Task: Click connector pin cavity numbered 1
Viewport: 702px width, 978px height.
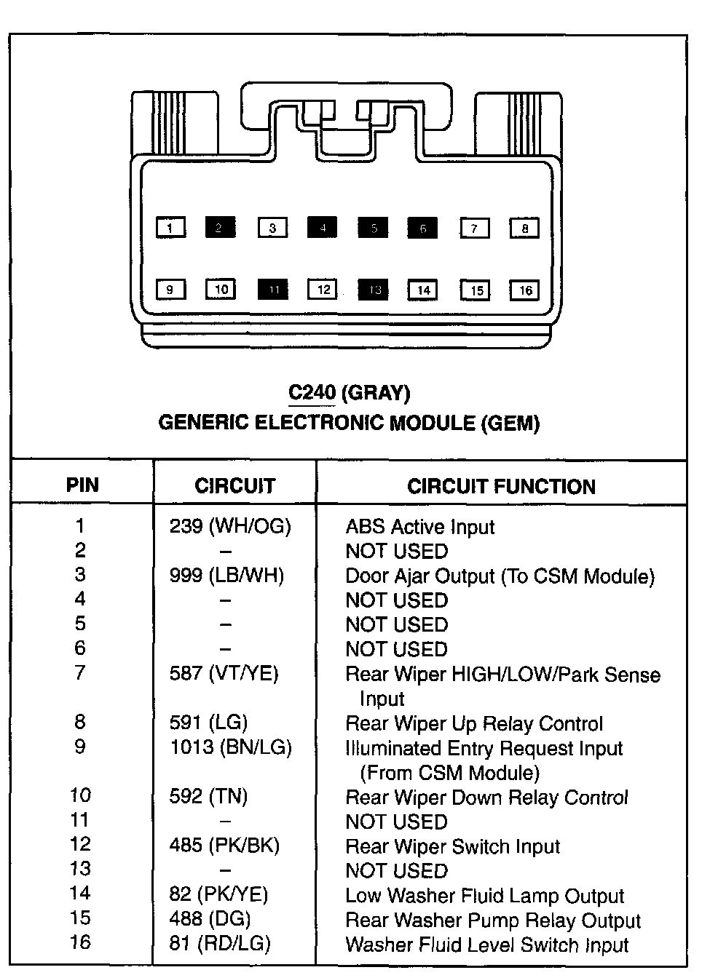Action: click(x=170, y=228)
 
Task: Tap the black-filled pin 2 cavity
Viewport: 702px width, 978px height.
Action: click(x=220, y=228)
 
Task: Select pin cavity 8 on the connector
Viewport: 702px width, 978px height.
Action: click(x=524, y=228)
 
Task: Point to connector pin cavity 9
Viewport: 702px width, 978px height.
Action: click(x=170, y=290)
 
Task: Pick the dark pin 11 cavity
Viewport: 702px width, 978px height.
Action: click(x=273, y=290)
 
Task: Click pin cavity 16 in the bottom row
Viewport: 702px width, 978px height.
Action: click(x=525, y=290)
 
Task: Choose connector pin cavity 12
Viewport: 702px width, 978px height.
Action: click(x=323, y=290)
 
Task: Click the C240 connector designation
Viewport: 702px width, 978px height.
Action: click(x=312, y=393)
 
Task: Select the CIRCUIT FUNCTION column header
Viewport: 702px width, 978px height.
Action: click(x=501, y=486)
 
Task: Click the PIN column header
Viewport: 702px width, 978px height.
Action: click(x=82, y=485)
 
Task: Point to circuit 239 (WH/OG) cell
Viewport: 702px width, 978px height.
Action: click(x=230, y=526)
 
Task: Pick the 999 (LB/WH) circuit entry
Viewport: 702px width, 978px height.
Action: click(x=226, y=576)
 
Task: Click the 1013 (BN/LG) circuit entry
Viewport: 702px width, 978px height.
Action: click(x=231, y=747)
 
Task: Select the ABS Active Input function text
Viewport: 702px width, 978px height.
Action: click(x=420, y=527)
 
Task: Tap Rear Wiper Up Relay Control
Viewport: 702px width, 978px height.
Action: click(x=474, y=724)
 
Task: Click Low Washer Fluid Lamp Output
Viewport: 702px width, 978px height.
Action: click(x=485, y=896)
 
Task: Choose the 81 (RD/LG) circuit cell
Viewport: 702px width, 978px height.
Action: click(x=220, y=944)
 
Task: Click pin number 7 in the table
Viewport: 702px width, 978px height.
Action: click(x=80, y=673)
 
